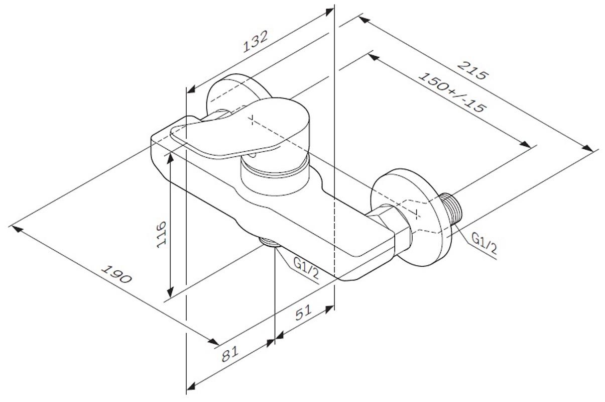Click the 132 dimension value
pos(256,41)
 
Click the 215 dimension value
pos(472,70)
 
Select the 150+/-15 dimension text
pos(452,93)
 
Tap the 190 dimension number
pos(116,274)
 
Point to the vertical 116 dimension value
pos(162,234)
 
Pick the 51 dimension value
pos(304,313)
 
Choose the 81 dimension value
pos(230,354)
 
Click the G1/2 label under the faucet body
pos(306,268)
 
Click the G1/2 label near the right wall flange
pos(484,243)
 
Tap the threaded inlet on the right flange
pos(451,208)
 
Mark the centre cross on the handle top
pos(252,120)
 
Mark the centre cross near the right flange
pos(417,214)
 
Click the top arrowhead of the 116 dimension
pos(170,158)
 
